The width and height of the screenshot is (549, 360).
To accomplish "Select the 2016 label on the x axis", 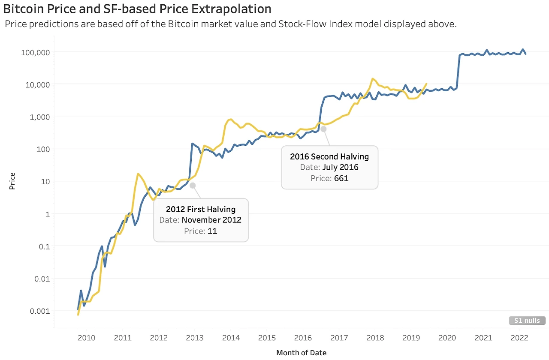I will pyautogui.click(x=303, y=338).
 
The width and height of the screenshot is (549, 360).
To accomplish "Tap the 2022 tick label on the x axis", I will pyautogui.click(x=519, y=338).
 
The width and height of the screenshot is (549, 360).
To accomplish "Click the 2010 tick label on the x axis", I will pyautogui.click(x=86, y=338).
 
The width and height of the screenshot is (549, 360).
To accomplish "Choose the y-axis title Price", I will pyautogui.click(x=12, y=181).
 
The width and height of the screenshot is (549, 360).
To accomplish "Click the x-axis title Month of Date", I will pyautogui.click(x=301, y=353).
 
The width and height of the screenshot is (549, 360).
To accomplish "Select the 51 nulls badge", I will pyautogui.click(x=527, y=321).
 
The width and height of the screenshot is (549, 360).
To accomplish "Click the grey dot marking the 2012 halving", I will pyautogui.click(x=193, y=185).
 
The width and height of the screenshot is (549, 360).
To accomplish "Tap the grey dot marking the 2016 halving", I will pyautogui.click(x=323, y=129).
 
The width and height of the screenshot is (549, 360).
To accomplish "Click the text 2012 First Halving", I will pyautogui.click(x=201, y=210).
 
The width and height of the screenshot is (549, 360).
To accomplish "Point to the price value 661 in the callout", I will pyautogui.click(x=341, y=178).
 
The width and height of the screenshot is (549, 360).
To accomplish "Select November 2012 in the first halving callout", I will pyautogui.click(x=211, y=220).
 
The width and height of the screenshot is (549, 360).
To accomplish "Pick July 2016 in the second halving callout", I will pyautogui.click(x=340, y=168).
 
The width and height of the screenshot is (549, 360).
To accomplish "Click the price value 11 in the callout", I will pyautogui.click(x=212, y=231).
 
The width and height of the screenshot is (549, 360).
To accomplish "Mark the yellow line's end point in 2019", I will pyautogui.click(x=426, y=84).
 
